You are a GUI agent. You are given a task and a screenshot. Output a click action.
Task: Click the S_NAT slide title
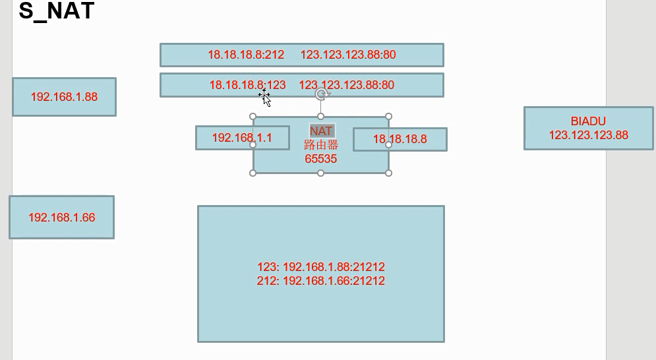57,11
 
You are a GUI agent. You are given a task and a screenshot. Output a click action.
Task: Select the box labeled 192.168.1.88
64,97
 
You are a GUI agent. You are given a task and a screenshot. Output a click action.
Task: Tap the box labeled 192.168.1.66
61,217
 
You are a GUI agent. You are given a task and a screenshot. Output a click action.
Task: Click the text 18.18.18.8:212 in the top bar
246,55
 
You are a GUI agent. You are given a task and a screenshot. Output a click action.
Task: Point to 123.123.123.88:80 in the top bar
348,55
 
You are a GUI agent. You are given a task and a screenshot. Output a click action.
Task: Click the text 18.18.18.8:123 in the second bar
247,85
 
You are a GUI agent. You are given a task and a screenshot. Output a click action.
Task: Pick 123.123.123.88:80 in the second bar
347,85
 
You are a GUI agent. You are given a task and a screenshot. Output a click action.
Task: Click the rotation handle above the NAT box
321,94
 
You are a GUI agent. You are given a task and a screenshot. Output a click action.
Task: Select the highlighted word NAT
321,131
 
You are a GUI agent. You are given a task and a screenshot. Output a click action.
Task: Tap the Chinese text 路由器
321,145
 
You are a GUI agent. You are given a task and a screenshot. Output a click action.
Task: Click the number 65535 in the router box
321,159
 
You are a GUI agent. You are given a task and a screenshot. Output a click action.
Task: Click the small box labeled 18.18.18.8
400,139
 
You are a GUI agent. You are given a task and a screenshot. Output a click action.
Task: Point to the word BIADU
588,121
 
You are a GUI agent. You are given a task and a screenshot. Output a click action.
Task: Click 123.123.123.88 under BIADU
588,135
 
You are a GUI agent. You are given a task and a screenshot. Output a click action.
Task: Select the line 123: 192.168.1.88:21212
321,267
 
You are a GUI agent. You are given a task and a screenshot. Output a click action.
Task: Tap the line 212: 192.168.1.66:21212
321,281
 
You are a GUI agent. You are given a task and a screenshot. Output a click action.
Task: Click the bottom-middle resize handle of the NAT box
321,173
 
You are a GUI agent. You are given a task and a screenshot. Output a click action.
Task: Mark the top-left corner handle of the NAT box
253,117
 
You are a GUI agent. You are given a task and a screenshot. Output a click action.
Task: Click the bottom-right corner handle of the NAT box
388,173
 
